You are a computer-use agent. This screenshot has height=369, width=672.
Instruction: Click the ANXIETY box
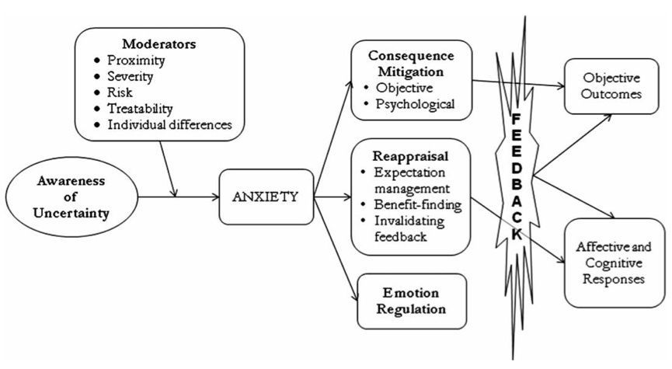coord(266,197)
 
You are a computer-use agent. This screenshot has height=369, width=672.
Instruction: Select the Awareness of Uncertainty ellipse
coord(71,197)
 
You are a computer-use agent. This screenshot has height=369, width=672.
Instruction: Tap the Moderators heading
coord(159,44)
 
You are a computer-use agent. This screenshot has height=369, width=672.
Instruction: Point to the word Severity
coord(131,76)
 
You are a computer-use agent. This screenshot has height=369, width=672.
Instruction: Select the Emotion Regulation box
coord(412,301)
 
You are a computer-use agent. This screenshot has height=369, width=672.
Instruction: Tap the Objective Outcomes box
coord(611,86)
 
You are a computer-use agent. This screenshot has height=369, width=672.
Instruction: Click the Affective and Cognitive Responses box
coord(615,263)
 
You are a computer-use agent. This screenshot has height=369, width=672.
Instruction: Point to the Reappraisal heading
coord(410,156)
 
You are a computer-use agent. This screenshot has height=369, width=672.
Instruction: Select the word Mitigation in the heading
coord(410,71)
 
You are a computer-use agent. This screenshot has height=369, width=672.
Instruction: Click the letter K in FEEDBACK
coord(517,235)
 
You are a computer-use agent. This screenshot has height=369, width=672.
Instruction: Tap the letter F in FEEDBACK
coord(517,120)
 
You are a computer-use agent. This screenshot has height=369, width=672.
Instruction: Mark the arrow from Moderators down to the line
coord(168,169)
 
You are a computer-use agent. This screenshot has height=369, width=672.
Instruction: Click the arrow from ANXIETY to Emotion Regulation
coord(336,249)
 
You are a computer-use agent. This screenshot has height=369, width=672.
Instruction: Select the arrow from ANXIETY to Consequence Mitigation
coord(333,138)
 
